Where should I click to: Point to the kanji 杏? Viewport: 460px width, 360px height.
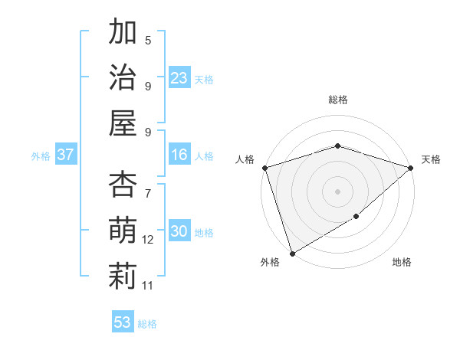pyautogui.click(x=123, y=185)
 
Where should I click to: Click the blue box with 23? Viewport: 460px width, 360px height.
pyautogui.click(x=179, y=77)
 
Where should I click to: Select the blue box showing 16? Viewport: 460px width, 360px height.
pyautogui.click(x=179, y=155)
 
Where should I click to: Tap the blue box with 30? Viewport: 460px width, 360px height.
pyautogui.click(x=179, y=231)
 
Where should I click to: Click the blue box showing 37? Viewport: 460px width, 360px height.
pyautogui.click(x=66, y=155)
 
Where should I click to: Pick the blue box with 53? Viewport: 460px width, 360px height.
pyautogui.click(x=123, y=322)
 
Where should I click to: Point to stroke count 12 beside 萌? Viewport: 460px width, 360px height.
pyautogui.click(x=148, y=240)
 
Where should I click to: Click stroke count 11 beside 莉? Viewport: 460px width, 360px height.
pyautogui.click(x=148, y=285)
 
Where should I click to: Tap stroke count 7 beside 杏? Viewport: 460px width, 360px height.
pyautogui.click(x=148, y=185)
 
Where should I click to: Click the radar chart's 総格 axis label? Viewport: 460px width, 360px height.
pyautogui.click(x=337, y=100)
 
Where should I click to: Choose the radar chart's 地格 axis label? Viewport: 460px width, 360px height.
pyautogui.click(x=402, y=263)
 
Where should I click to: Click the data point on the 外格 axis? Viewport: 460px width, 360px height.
pyautogui.click(x=292, y=254)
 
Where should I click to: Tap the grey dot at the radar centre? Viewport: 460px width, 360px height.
pyautogui.click(x=337, y=191)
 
